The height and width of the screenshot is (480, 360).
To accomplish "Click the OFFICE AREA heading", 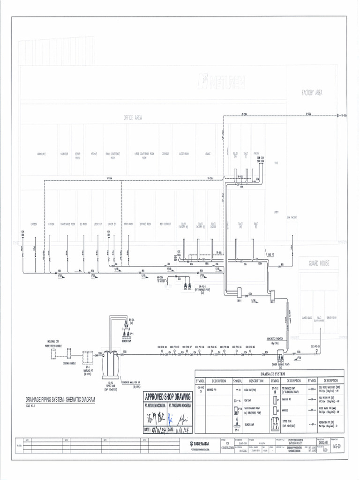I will point(133,118).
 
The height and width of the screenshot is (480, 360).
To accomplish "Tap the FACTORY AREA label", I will point(312,93).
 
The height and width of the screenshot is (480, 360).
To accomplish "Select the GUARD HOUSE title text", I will point(319,263).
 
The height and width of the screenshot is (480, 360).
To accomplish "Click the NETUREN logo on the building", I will point(221,83).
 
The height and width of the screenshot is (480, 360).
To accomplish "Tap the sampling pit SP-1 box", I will point(88,358).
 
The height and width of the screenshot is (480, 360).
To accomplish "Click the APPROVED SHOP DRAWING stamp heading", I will point(168,397).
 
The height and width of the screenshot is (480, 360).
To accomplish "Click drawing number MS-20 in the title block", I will point(337,446).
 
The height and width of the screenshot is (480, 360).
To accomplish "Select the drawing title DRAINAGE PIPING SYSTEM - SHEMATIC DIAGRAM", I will point(60,400).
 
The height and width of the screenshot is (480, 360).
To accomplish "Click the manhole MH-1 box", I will point(238,292).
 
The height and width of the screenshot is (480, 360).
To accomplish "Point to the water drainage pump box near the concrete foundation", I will point(282,355).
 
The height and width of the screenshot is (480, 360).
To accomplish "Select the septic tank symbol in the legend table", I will point(276,424).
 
